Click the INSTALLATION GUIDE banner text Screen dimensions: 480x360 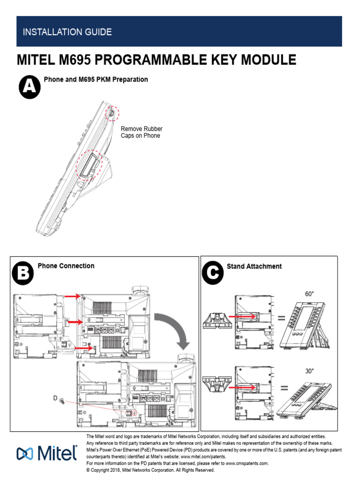point(67,32)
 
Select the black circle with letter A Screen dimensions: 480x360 point(29,88)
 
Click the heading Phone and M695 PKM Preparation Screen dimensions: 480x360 point(96,80)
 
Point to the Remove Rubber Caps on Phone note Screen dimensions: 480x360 point(142,132)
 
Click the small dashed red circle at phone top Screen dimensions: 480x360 point(112,112)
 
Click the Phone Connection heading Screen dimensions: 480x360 point(66,266)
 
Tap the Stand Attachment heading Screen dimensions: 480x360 point(254,266)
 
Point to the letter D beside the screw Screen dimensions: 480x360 point(55,398)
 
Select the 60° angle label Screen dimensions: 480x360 point(309,294)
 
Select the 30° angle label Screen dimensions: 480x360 point(309,371)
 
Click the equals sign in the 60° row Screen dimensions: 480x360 point(281,319)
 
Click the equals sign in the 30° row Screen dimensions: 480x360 point(283,388)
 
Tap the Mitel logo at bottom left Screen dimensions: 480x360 point(47,454)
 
